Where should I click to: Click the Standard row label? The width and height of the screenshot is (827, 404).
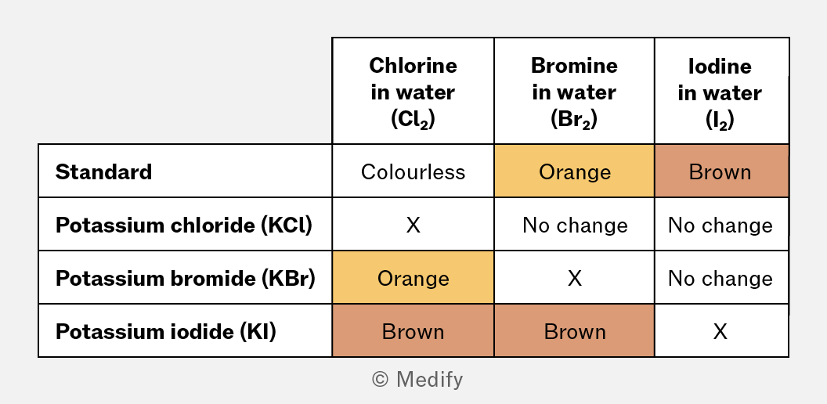(x=104, y=172)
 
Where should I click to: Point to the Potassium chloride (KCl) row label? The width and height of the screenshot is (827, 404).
(x=184, y=225)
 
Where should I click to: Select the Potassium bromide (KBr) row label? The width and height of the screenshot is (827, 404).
(x=186, y=279)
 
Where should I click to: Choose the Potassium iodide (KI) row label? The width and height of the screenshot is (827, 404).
(x=166, y=332)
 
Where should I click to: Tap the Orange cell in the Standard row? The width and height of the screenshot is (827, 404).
(x=574, y=171)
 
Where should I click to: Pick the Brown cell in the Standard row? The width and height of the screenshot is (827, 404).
(x=721, y=171)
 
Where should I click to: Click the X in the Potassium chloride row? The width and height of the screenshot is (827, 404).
(x=413, y=225)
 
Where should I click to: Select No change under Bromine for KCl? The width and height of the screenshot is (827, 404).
(x=575, y=225)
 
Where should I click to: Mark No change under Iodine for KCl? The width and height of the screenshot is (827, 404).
(x=720, y=225)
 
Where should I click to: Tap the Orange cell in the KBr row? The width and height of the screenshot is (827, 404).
(x=413, y=277)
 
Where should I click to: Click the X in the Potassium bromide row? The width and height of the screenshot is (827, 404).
(x=574, y=279)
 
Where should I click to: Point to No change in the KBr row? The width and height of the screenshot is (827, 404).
(x=720, y=279)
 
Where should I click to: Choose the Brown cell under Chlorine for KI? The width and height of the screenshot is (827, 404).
(x=413, y=330)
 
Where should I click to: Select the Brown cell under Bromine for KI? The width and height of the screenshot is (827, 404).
(x=574, y=330)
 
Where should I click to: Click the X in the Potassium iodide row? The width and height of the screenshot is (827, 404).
(x=720, y=332)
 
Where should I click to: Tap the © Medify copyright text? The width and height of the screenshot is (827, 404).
(x=417, y=379)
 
